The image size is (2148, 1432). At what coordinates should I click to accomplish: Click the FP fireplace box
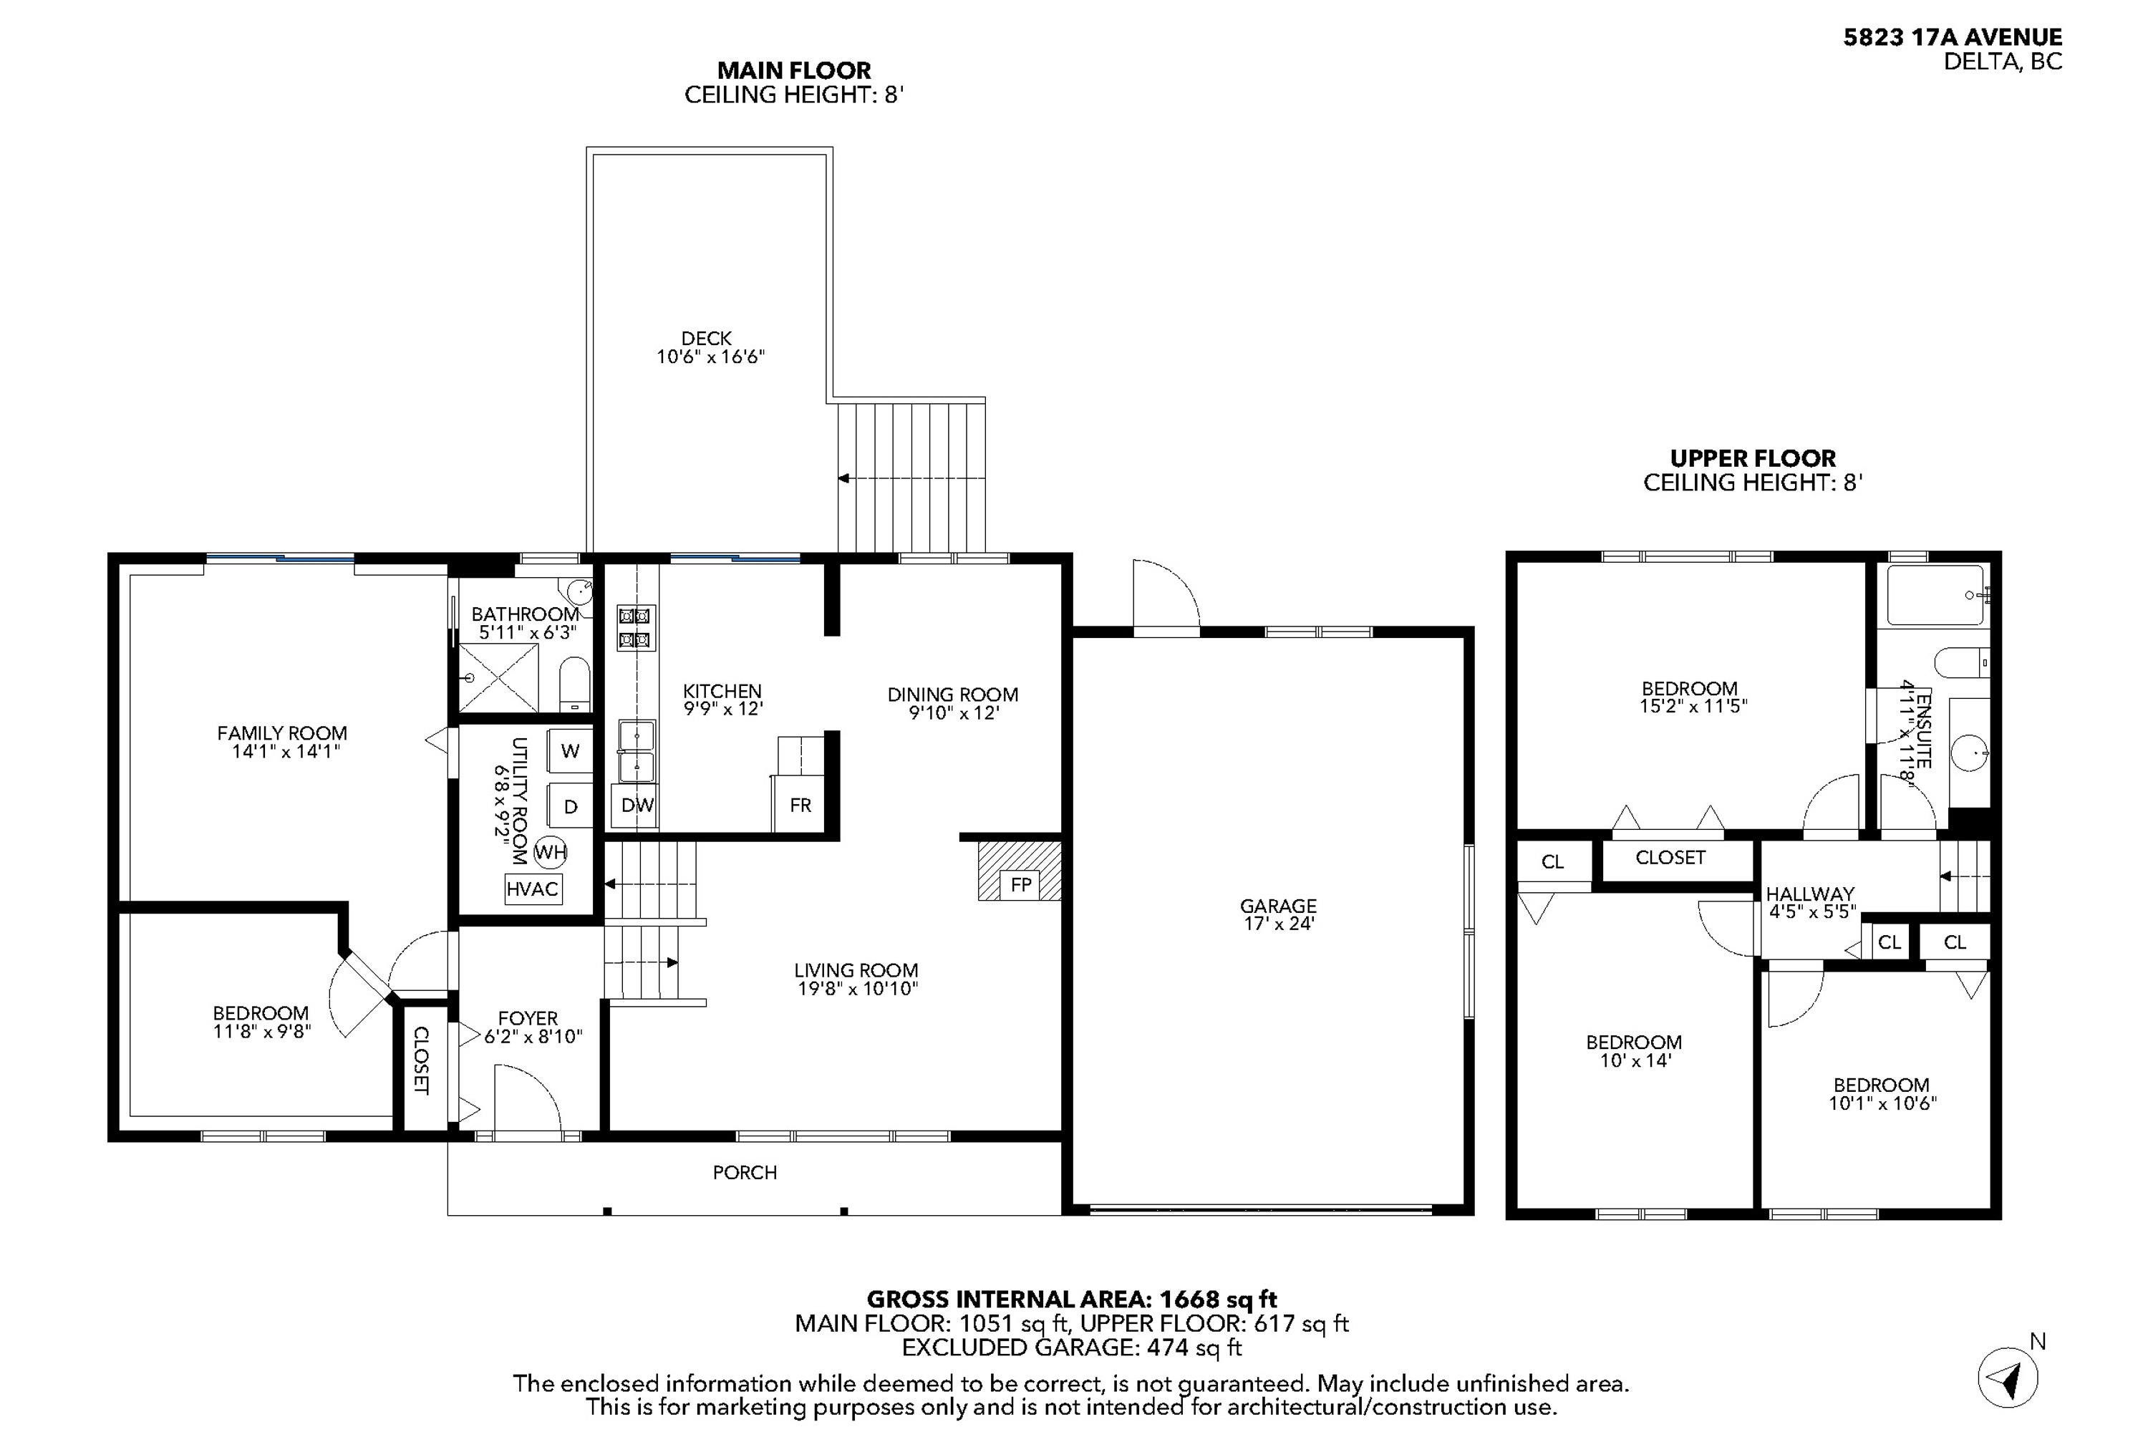tap(1020, 884)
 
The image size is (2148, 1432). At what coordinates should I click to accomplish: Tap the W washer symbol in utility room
tap(571, 750)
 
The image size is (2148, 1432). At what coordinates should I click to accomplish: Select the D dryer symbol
tap(571, 806)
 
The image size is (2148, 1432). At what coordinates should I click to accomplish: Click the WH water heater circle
tap(551, 852)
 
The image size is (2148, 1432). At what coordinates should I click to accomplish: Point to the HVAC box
tap(533, 889)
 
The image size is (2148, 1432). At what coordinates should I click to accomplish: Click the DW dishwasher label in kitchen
tap(637, 805)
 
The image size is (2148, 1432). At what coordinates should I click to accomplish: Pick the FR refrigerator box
tap(800, 805)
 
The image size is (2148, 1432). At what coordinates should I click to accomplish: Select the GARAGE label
tap(1277, 906)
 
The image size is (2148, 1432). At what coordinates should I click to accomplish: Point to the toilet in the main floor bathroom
tap(574, 682)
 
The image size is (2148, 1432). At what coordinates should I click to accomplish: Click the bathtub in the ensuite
tap(1935, 596)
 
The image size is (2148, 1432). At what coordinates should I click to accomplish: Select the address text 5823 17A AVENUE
tap(1952, 37)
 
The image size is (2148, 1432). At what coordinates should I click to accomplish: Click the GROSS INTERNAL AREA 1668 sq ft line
tap(1071, 1299)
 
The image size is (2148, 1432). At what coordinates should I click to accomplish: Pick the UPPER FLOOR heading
tap(1751, 458)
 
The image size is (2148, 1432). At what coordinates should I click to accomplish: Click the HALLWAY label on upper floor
tap(1809, 894)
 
